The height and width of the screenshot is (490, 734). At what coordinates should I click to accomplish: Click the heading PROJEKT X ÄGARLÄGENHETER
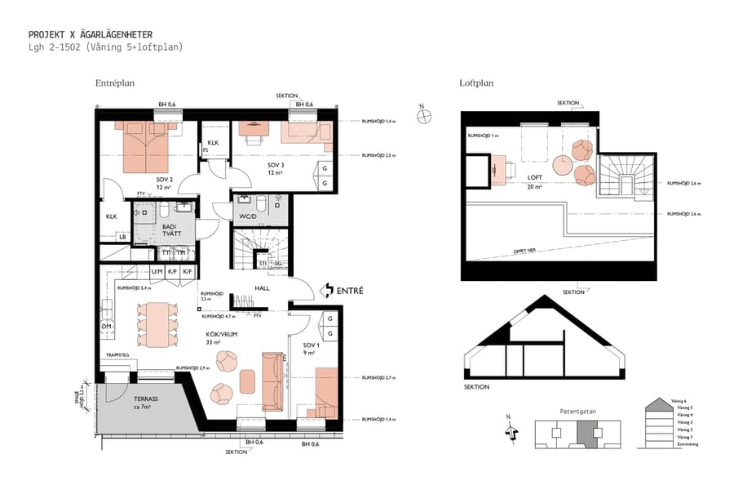(x=90, y=34)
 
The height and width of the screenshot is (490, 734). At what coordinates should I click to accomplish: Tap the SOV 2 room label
(x=164, y=180)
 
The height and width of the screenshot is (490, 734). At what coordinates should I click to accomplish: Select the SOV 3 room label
(x=275, y=164)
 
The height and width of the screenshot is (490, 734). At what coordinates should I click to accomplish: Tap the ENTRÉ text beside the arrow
(x=349, y=290)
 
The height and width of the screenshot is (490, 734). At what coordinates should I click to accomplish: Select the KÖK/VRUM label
(x=221, y=334)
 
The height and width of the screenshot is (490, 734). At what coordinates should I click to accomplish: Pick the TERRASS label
(x=146, y=399)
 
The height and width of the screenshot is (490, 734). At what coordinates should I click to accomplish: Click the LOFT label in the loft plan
(x=535, y=177)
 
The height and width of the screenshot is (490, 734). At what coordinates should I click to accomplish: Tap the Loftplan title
(x=476, y=83)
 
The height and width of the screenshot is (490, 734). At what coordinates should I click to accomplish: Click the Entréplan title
(x=114, y=83)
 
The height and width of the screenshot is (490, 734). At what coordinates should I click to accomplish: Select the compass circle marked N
(x=423, y=116)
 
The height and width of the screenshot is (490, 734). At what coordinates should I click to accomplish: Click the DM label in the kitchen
(x=106, y=326)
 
